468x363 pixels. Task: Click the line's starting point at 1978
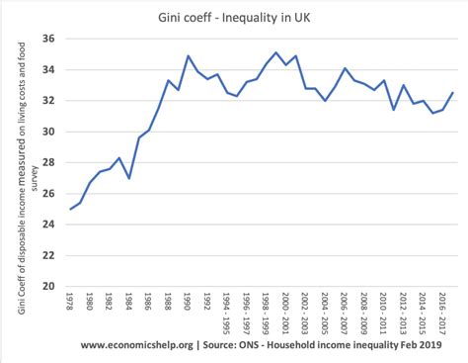tap(70, 209)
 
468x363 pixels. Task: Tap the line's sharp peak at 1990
tap(188, 56)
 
